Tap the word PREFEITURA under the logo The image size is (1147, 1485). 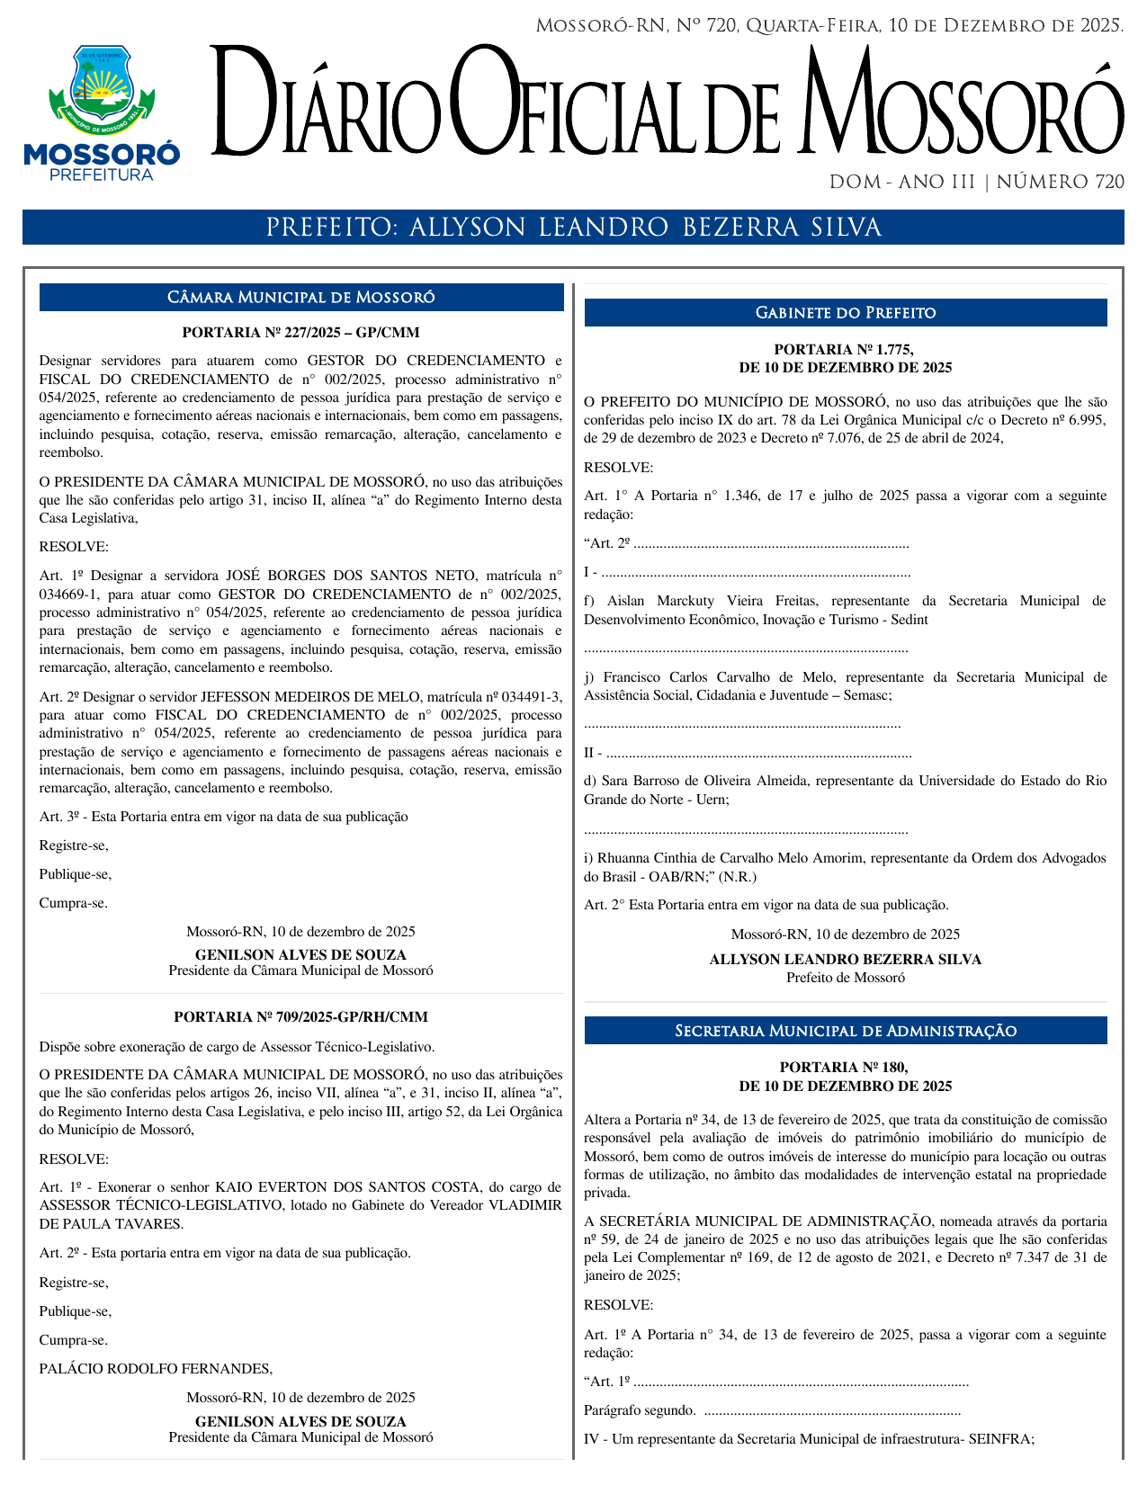[x=101, y=174]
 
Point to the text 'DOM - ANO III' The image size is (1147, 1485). [x=901, y=183]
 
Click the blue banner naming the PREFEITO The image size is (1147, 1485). [x=573, y=228]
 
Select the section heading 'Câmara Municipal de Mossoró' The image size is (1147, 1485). [x=301, y=298]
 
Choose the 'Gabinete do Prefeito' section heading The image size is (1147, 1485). [x=846, y=313]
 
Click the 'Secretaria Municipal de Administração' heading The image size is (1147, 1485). [x=846, y=1031]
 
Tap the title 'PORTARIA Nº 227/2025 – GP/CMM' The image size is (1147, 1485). [x=301, y=333]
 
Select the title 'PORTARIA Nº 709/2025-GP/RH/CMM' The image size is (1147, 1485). [x=301, y=1017]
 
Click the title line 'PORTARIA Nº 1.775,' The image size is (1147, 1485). [x=846, y=350]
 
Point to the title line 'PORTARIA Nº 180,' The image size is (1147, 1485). [x=846, y=1068]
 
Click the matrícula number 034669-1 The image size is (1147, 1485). [x=69, y=595]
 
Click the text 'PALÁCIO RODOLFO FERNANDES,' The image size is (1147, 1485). [x=156, y=1369]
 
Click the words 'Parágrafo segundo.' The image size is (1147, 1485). [x=640, y=1410]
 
